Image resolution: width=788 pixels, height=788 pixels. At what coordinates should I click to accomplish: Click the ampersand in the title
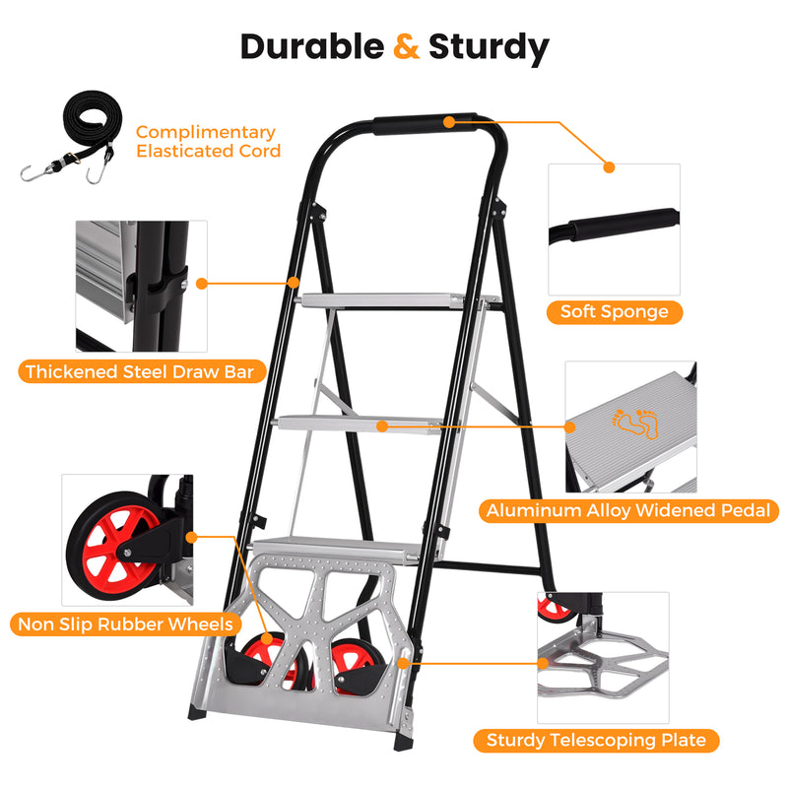click(407, 46)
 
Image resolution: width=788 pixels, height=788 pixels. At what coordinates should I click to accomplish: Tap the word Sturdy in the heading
click(489, 46)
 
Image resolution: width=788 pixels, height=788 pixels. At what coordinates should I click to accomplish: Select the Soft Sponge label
click(614, 312)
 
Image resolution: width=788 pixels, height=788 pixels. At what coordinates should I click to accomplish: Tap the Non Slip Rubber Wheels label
click(125, 624)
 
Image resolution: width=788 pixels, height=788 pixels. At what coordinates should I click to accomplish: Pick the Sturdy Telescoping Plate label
click(597, 741)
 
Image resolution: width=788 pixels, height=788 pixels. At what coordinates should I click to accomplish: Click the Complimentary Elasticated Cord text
click(208, 141)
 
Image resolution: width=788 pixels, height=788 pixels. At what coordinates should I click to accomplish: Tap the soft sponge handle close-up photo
click(613, 230)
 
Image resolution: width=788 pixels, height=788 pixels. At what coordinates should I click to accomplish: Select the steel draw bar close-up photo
click(142, 286)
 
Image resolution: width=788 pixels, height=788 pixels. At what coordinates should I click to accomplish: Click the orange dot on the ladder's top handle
click(448, 122)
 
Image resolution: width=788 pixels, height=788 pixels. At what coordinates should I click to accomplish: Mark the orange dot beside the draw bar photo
click(202, 283)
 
